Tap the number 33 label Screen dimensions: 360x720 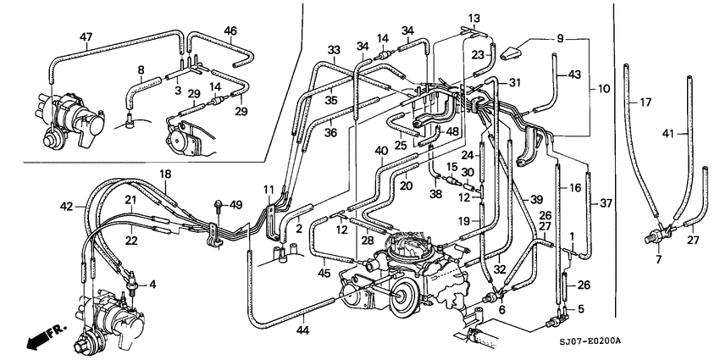pyautogui.click(x=334, y=50)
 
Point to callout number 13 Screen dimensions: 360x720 pyautogui.click(x=473, y=18)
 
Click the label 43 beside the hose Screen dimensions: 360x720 pyautogui.click(x=574, y=75)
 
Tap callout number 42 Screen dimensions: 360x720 pyautogui.click(x=66, y=206)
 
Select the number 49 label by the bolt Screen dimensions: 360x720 pyautogui.click(x=236, y=204)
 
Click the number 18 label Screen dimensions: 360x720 pyautogui.click(x=165, y=174)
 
